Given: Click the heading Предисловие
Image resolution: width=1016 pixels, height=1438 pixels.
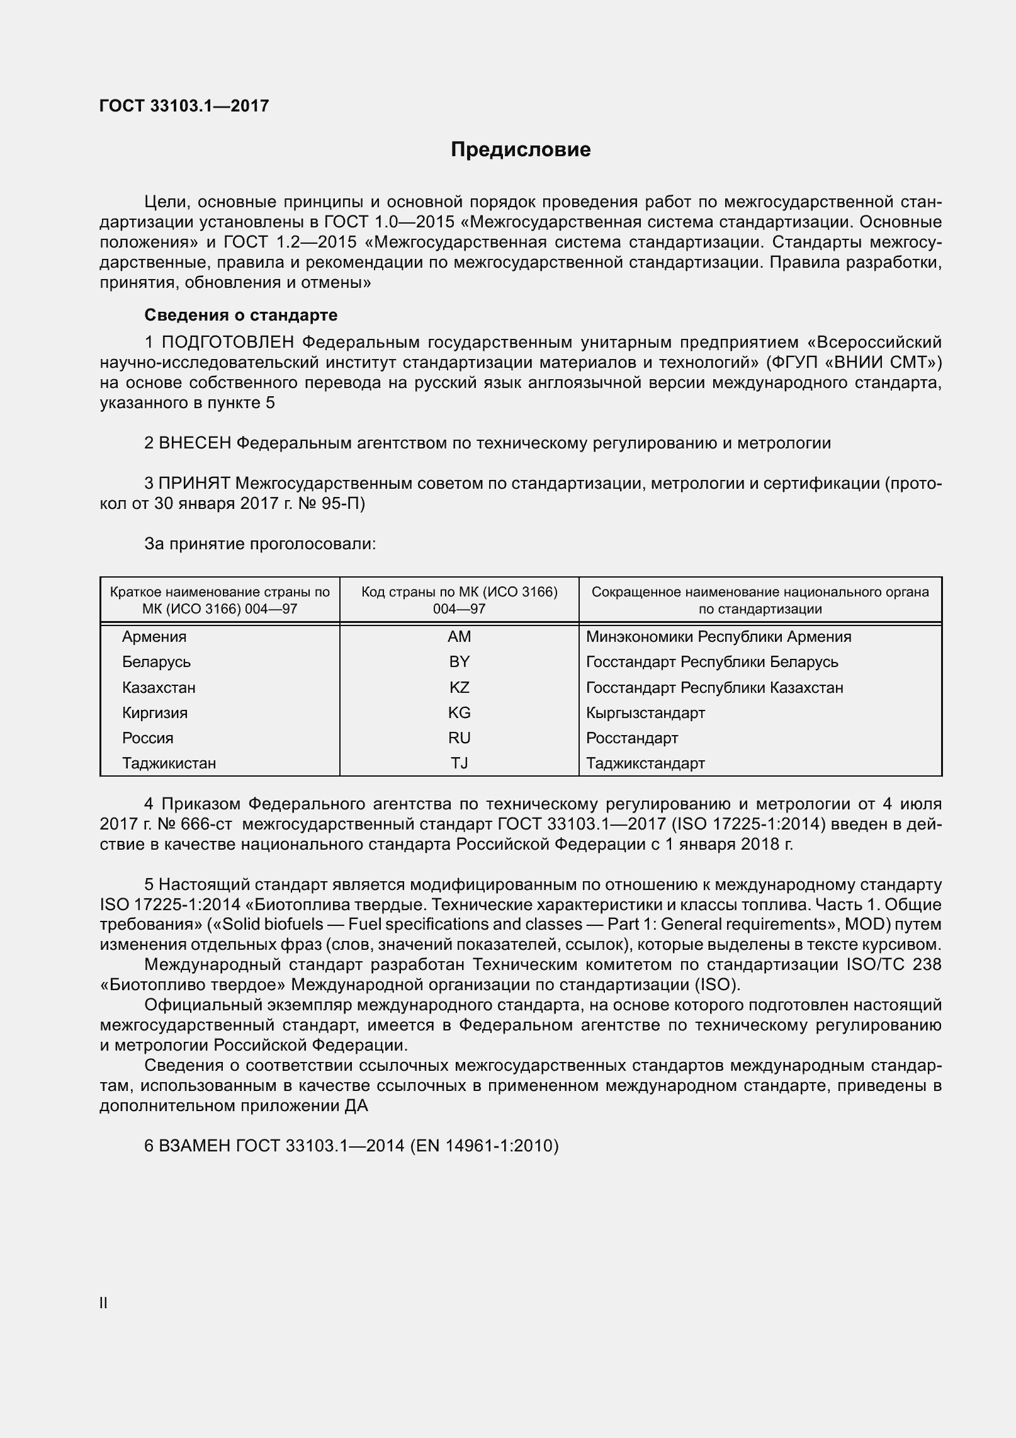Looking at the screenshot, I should pyautogui.click(x=521, y=150).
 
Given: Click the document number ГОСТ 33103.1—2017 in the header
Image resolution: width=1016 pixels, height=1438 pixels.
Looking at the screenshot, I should pyautogui.click(x=184, y=106).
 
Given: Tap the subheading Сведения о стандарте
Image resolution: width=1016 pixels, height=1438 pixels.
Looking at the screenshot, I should pyautogui.click(x=240, y=315).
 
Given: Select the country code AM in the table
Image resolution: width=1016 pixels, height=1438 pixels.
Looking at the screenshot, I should pyautogui.click(x=459, y=637).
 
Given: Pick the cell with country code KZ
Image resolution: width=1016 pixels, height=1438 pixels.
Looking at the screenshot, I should pyautogui.click(x=459, y=687).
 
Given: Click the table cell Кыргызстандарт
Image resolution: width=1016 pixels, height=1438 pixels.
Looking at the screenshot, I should pyautogui.click(x=645, y=713).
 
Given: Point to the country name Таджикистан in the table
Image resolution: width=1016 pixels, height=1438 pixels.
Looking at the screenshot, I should pyautogui.click(x=169, y=763).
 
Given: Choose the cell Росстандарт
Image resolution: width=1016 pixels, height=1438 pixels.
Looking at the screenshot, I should pyautogui.click(x=632, y=738).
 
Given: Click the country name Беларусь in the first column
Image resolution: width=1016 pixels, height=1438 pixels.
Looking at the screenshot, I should pyautogui.click(x=156, y=662).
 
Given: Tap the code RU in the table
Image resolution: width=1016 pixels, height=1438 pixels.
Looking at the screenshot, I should pyautogui.click(x=459, y=738).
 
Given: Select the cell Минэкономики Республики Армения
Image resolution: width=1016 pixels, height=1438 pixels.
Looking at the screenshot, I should pyautogui.click(x=718, y=637).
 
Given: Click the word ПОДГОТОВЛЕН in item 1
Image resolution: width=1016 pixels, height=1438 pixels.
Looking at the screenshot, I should pyautogui.click(x=228, y=342).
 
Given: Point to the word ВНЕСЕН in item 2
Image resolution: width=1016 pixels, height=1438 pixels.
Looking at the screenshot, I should pyautogui.click(x=195, y=443).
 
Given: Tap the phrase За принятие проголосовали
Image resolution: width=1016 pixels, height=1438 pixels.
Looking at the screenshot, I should pyautogui.click(x=259, y=544).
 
